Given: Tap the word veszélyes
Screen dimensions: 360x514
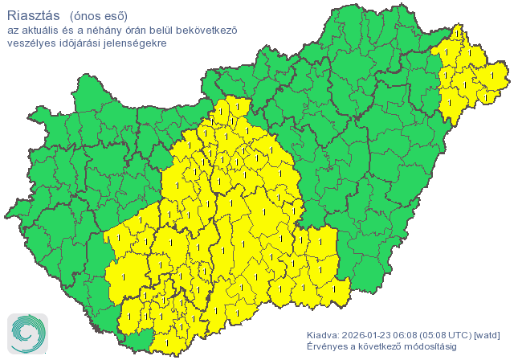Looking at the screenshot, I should coord(31,43).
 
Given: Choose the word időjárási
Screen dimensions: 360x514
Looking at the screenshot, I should coord(80,43).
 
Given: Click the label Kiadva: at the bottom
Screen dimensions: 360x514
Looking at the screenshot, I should coord(323,335).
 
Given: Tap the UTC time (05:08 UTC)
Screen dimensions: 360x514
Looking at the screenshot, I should coord(451,335).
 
